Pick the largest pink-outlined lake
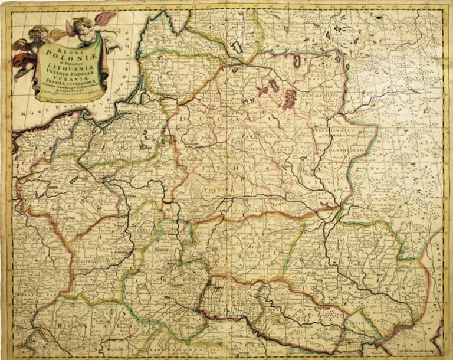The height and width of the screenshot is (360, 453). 289,97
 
